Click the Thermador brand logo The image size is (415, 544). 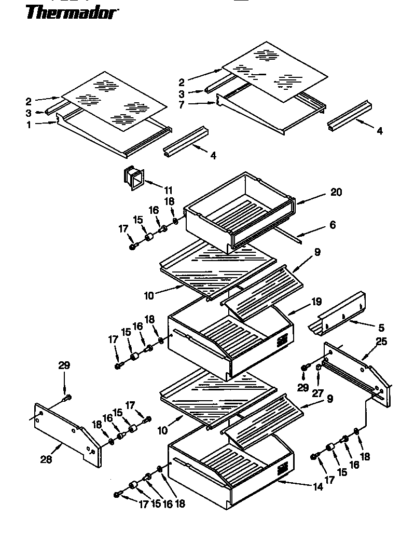click(x=71, y=11)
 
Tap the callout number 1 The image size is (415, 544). click(x=29, y=125)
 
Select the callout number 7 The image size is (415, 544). click(x=182, y=105)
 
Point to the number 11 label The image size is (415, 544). click(x=168, y=190)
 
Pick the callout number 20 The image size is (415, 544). click(x=336, y=192)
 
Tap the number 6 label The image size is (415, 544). click(x=332, y=225)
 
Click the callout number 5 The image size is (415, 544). click(x=381, y=328)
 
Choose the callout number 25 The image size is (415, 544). click(x=381, y=342)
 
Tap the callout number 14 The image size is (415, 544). click(x=318, y=486)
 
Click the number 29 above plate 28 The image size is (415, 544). click(x=64, y=366)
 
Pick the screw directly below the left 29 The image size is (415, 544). click(x=66, y=398)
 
